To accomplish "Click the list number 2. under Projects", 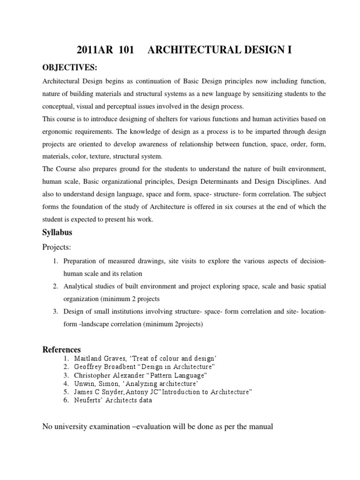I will tap(55, 286).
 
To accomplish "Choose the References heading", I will tap(62, 349).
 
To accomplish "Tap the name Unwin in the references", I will tap(84, 384).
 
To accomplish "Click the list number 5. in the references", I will tap(67, 392).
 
